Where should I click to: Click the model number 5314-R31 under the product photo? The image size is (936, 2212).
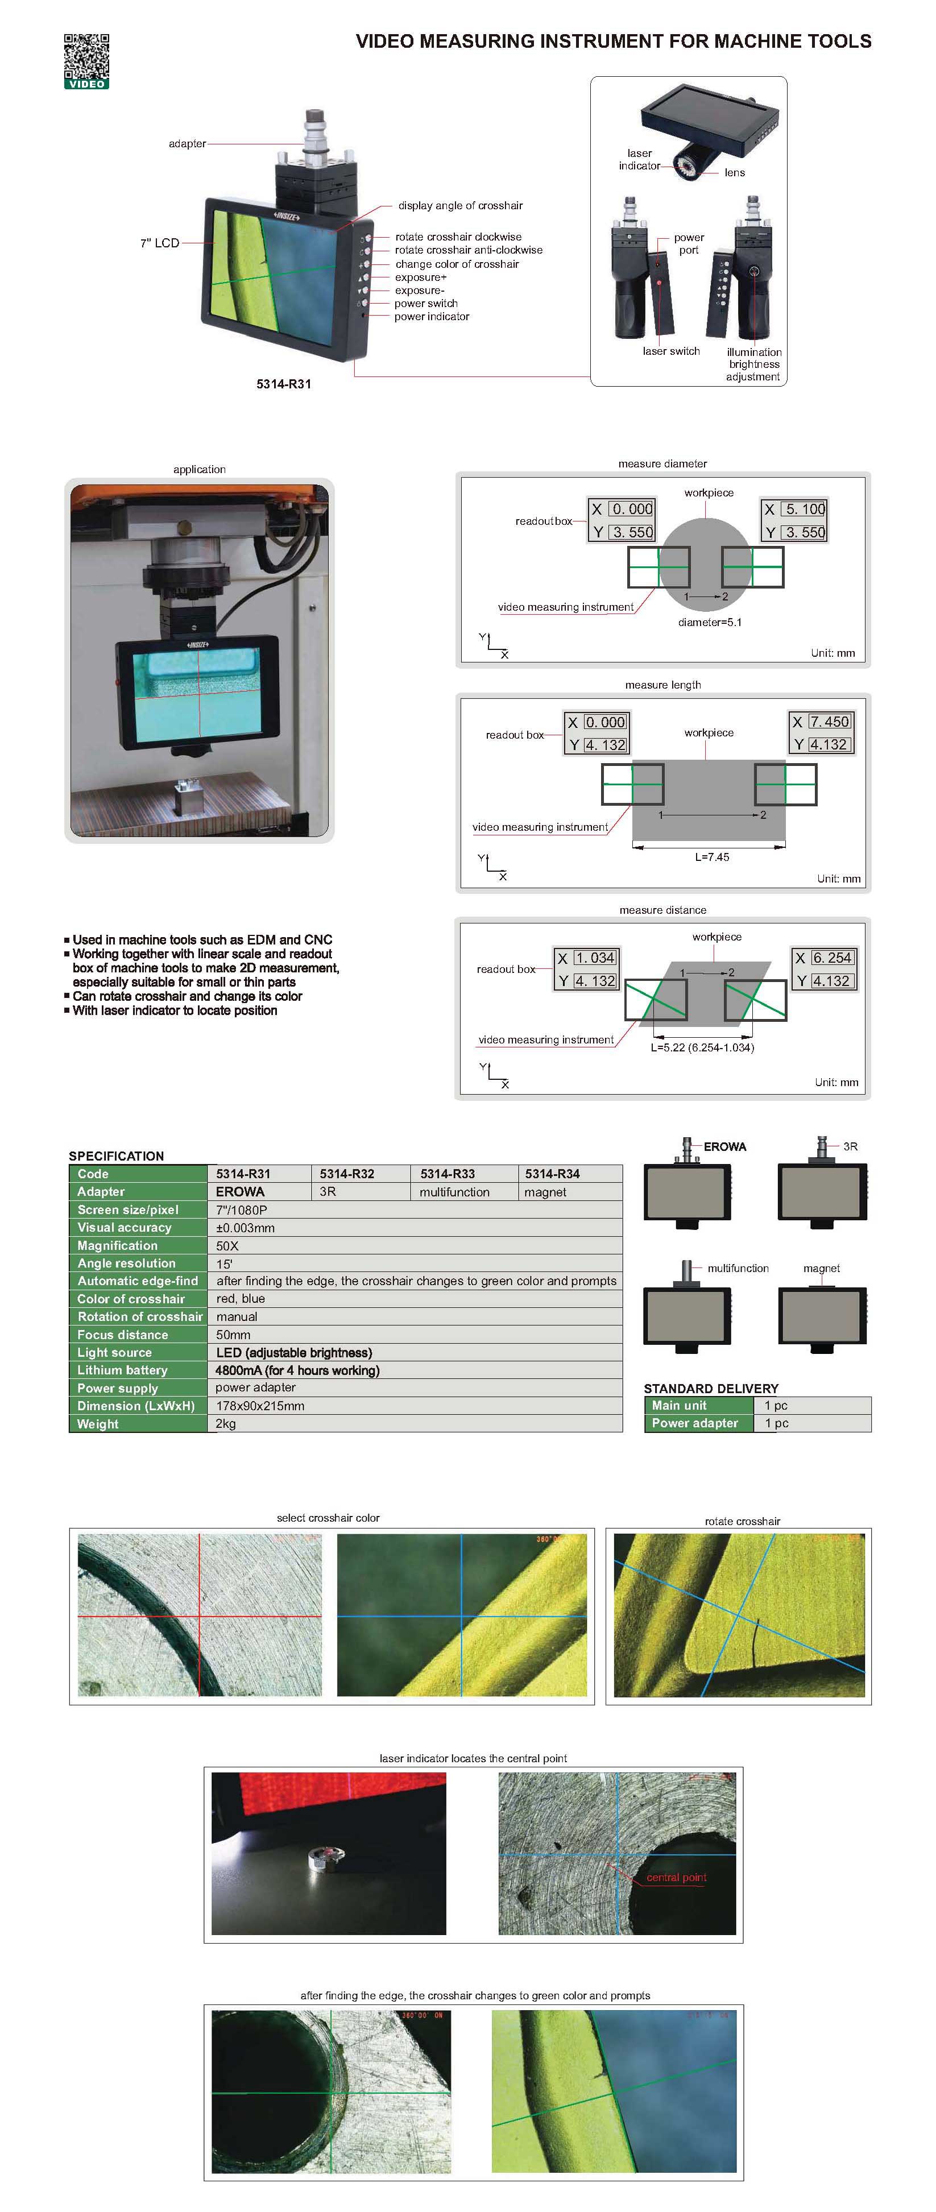point(283,384)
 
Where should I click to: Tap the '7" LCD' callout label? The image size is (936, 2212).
point(160,243)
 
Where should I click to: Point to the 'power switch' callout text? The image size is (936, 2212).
point(426,303)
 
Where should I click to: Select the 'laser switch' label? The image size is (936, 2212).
point(670,351)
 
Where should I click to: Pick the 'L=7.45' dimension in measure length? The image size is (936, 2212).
point(712,857)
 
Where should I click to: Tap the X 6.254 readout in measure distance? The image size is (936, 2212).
point(831,958)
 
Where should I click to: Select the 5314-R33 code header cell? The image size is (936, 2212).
point(448,1174)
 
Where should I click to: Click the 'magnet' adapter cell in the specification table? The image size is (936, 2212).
point(545,1192)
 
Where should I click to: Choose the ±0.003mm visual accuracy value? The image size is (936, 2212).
point(246,1228)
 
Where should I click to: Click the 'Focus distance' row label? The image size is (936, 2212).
point(123,1335)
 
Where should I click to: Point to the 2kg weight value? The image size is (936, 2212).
point(226,1424)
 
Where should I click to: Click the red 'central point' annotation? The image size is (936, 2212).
point(676,1878)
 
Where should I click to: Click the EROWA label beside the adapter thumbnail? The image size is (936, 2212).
point(725,1146)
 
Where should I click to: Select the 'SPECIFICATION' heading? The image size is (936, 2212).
point(116,1156)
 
